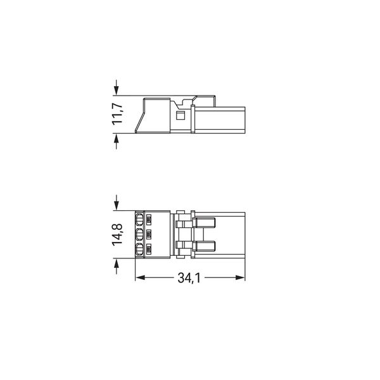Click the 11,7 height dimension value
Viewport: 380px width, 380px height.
pyautogui.click(x=118, y=114)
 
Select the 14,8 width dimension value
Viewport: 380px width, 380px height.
pyautogui.click(x=118, y=235)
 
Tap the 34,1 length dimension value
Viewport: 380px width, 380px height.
pyautogui.click(x=189, y=278)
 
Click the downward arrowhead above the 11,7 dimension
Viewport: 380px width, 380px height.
pyautogui.click(x=117, y=91)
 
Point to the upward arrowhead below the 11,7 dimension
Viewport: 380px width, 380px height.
pyautogui.click(x=117, y=138)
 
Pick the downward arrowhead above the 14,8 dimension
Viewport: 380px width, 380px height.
pyautogui.click(x=117, y=206)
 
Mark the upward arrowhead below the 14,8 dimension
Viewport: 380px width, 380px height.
pyautogui.click(x=117, y=263)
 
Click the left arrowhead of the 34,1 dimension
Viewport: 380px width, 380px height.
pyautogui.click(x=140, y=277)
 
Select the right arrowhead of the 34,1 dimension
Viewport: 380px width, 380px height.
pyautogui.click(x=240, y=277)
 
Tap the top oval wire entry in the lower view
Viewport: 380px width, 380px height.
pyautogui.click(x=139, y=220)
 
